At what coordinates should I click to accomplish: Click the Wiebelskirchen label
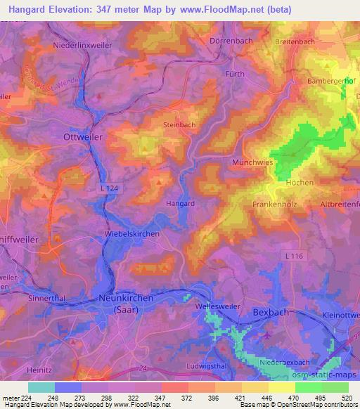coord(131,233)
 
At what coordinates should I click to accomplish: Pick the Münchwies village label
coord(251,162)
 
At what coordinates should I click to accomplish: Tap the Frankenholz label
coord(271,204)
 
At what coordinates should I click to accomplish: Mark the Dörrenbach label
coord(231,41)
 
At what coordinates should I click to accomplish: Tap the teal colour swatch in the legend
coord(41,387)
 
